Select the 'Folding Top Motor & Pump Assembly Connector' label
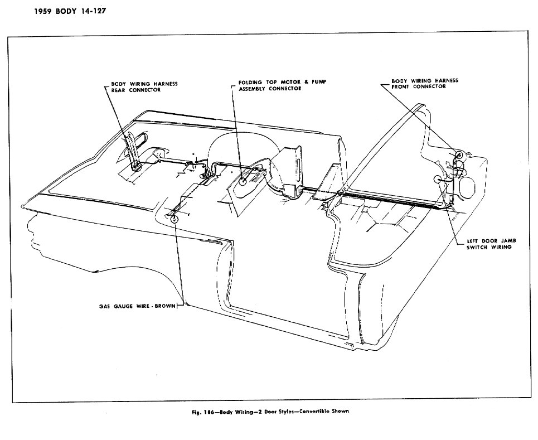[278, 85]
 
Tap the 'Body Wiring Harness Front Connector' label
[425, 84]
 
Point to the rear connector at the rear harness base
[135, 165]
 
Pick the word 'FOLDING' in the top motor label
[251, 82]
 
